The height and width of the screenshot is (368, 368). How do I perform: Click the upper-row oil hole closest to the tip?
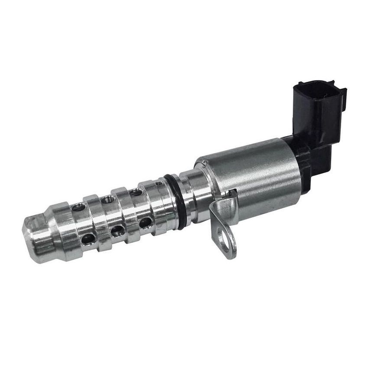click(78, 207)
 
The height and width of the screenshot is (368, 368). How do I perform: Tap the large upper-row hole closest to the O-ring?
click(136, 192)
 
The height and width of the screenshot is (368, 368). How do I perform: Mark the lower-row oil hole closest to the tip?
click(89, 238)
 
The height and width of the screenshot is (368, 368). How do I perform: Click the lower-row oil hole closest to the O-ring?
click(145, 223)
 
